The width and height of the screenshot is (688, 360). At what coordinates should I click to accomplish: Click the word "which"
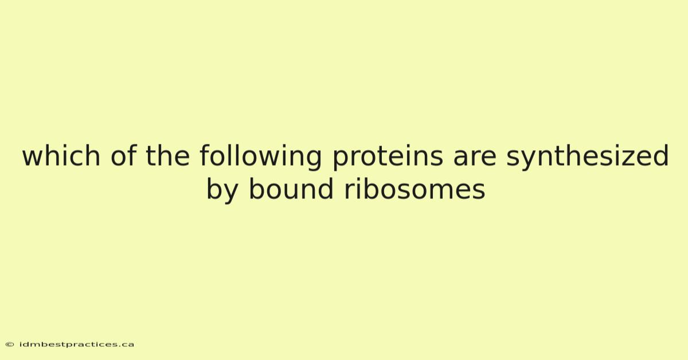click(x=61, y=155)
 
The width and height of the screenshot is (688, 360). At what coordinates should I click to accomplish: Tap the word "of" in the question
click(x=123, y=155)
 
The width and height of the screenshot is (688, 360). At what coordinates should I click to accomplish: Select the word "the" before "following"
click(x=167, y=155)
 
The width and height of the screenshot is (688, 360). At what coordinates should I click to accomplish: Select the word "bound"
click(x=291, y=189)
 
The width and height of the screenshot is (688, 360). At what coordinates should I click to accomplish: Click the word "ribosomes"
click(x=415, y=189)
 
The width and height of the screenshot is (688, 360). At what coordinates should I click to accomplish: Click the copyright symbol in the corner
click(x=10, y=345)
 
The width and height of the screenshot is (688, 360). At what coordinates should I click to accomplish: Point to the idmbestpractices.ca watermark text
click(x=77, y=345)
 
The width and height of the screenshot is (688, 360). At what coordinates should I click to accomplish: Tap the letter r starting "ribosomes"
click(x=350, y=191)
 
